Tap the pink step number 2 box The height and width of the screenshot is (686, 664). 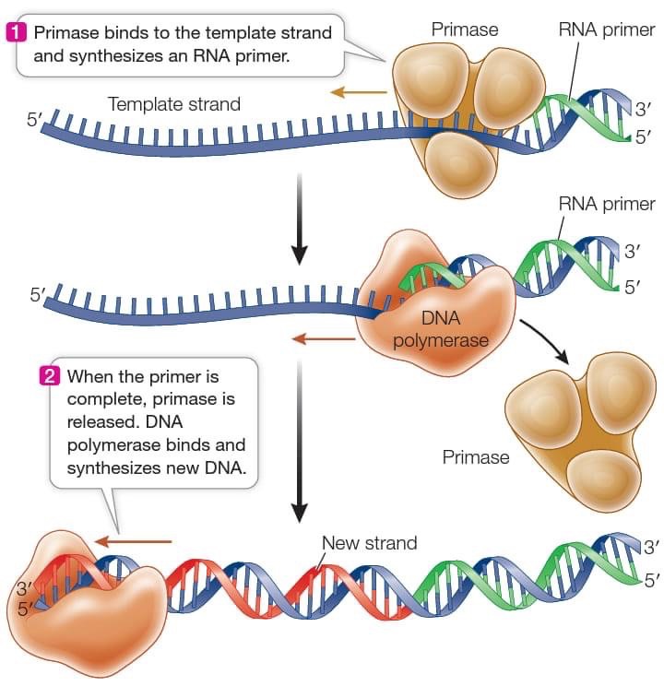pyautogui.click(x=52, y=376)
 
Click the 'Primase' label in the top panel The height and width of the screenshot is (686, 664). pyautogui.click(x=464, y=30)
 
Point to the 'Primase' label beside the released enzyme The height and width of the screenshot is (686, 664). pyautogui.click(x=475, y=456)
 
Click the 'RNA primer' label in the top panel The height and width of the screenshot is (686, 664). pyautogui.click(x=606, y=30)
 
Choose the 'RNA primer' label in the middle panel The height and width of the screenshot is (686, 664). pyautogui.click(x=606, y=204)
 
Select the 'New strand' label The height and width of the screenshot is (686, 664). pyautogui.click(x=369, y=543)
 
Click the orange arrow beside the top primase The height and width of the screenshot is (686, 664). pyautogui.click(x=359, y=92)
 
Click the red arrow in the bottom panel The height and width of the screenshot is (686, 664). pyautogui.click(x=134, y=541)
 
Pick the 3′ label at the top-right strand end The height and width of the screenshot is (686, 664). pyautogui.click(x=643, y=112)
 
